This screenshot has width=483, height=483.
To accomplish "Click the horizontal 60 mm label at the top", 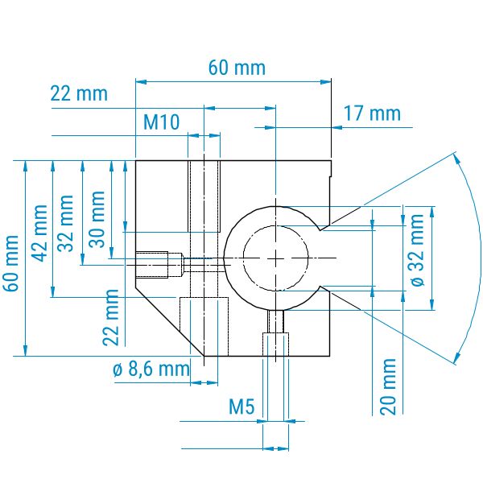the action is (x=237, y=68).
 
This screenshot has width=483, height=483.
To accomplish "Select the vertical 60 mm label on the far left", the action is (x=12, y=263).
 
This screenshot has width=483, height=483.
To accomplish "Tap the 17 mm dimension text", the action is (x=372, y=113).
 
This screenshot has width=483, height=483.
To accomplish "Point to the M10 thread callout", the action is (x=162, y=122).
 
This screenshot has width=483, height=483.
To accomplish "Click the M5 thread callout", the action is (x=242, y=407).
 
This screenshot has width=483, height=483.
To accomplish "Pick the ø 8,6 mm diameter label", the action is (x=151, y=369).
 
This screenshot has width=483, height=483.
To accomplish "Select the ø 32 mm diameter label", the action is (x=417, y=250).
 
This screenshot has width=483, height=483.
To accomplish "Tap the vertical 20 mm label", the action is (x=388, y=386).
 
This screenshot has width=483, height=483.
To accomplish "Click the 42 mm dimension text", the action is (x=40, y=233).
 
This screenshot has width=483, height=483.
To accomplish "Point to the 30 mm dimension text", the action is (x=97, y=219).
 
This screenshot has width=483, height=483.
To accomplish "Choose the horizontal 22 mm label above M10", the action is (x=79, y=93).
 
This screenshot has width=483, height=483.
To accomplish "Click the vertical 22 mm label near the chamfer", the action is (x=110, y=318).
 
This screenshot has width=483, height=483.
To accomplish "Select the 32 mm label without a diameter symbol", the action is (x=66, y=223).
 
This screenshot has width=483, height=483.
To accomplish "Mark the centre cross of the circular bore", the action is (x=275, y=258).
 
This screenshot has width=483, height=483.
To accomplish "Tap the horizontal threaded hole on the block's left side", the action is (x=159, y=265).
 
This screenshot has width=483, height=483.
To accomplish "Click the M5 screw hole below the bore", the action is (x=275, y=333).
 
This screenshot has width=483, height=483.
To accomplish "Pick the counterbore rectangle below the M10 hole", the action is (x=204, y=327).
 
